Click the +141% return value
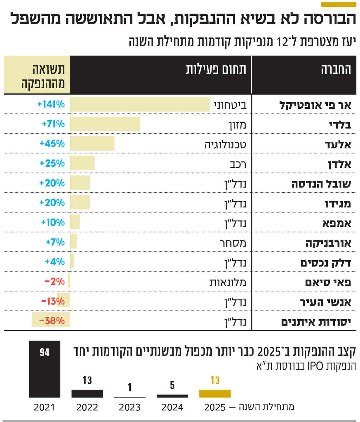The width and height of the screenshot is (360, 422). pyautogui.click(x=51, y=104)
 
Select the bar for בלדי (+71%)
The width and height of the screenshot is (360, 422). pyautogui.click(x=105, y=124)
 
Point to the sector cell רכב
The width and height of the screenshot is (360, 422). pyautogui.click(x=238, y=164)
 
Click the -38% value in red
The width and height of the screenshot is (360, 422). pyautogui.click(x=52, y=321)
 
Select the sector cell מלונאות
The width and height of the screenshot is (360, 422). pyautogui.click(x=230, y=282)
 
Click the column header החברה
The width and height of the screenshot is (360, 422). pyautogui.click(x=335, y=69)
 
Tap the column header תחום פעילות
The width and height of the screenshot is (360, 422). pyautogui.click(x=216, y=69)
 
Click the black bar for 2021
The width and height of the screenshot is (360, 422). pyautogui.click(x=44, y=369)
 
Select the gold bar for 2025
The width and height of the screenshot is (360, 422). pyautogui.click(x=215, y=394)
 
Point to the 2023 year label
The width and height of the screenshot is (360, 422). pyautogui.click(x=129, y=408)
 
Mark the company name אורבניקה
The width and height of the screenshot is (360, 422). pyautogui.click(x=328, y=242)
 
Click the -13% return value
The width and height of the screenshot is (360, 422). pyautogui.click(x=53, y=301)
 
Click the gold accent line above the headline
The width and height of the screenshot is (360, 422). pyautogui.click(x=338, y=5)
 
